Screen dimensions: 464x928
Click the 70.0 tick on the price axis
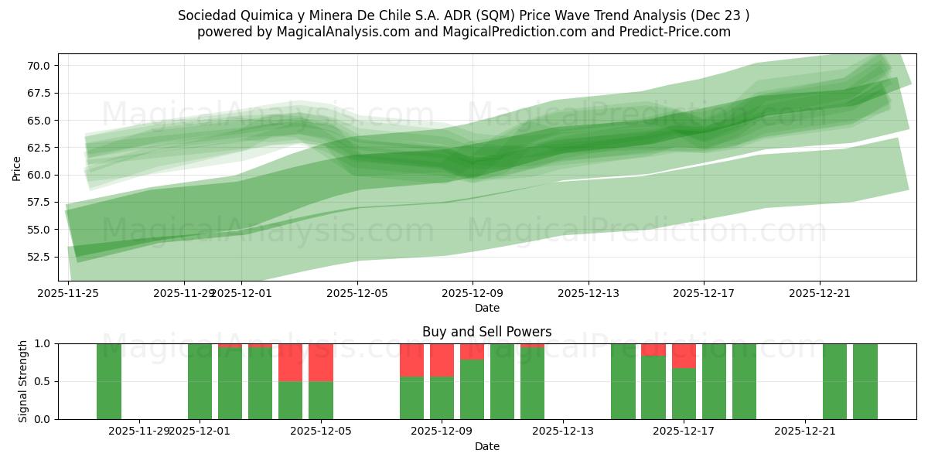click(x=39, y=66)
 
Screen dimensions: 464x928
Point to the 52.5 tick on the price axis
click(x=39, y=257)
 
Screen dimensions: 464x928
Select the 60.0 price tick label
click(x=39, y=175)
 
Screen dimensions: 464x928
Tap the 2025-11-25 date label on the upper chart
click(x=69, y=293)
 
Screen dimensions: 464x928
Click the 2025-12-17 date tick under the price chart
click(x=704, y=293)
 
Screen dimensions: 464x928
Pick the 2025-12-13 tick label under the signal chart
click(x=562, y=431)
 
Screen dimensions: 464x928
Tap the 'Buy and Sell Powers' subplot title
click(x=487, y=332)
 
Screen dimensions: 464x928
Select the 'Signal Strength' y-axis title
click(x=23, y=381)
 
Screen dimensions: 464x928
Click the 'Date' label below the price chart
click(x=487, y=308)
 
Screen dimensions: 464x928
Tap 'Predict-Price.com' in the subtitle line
click(x=670, y=32)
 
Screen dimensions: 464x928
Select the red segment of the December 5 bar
click(x=321, y=362)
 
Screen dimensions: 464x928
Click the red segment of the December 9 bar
click(x=442, y=360)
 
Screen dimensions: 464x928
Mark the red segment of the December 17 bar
click(x=684, y=356)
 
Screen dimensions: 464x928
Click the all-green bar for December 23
click(x=865, y=381)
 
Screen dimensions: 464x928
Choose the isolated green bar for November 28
click(x=109, y=381)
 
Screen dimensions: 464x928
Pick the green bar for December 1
click(x=200, y=381)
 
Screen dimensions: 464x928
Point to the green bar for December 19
click(x=744, y=381)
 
